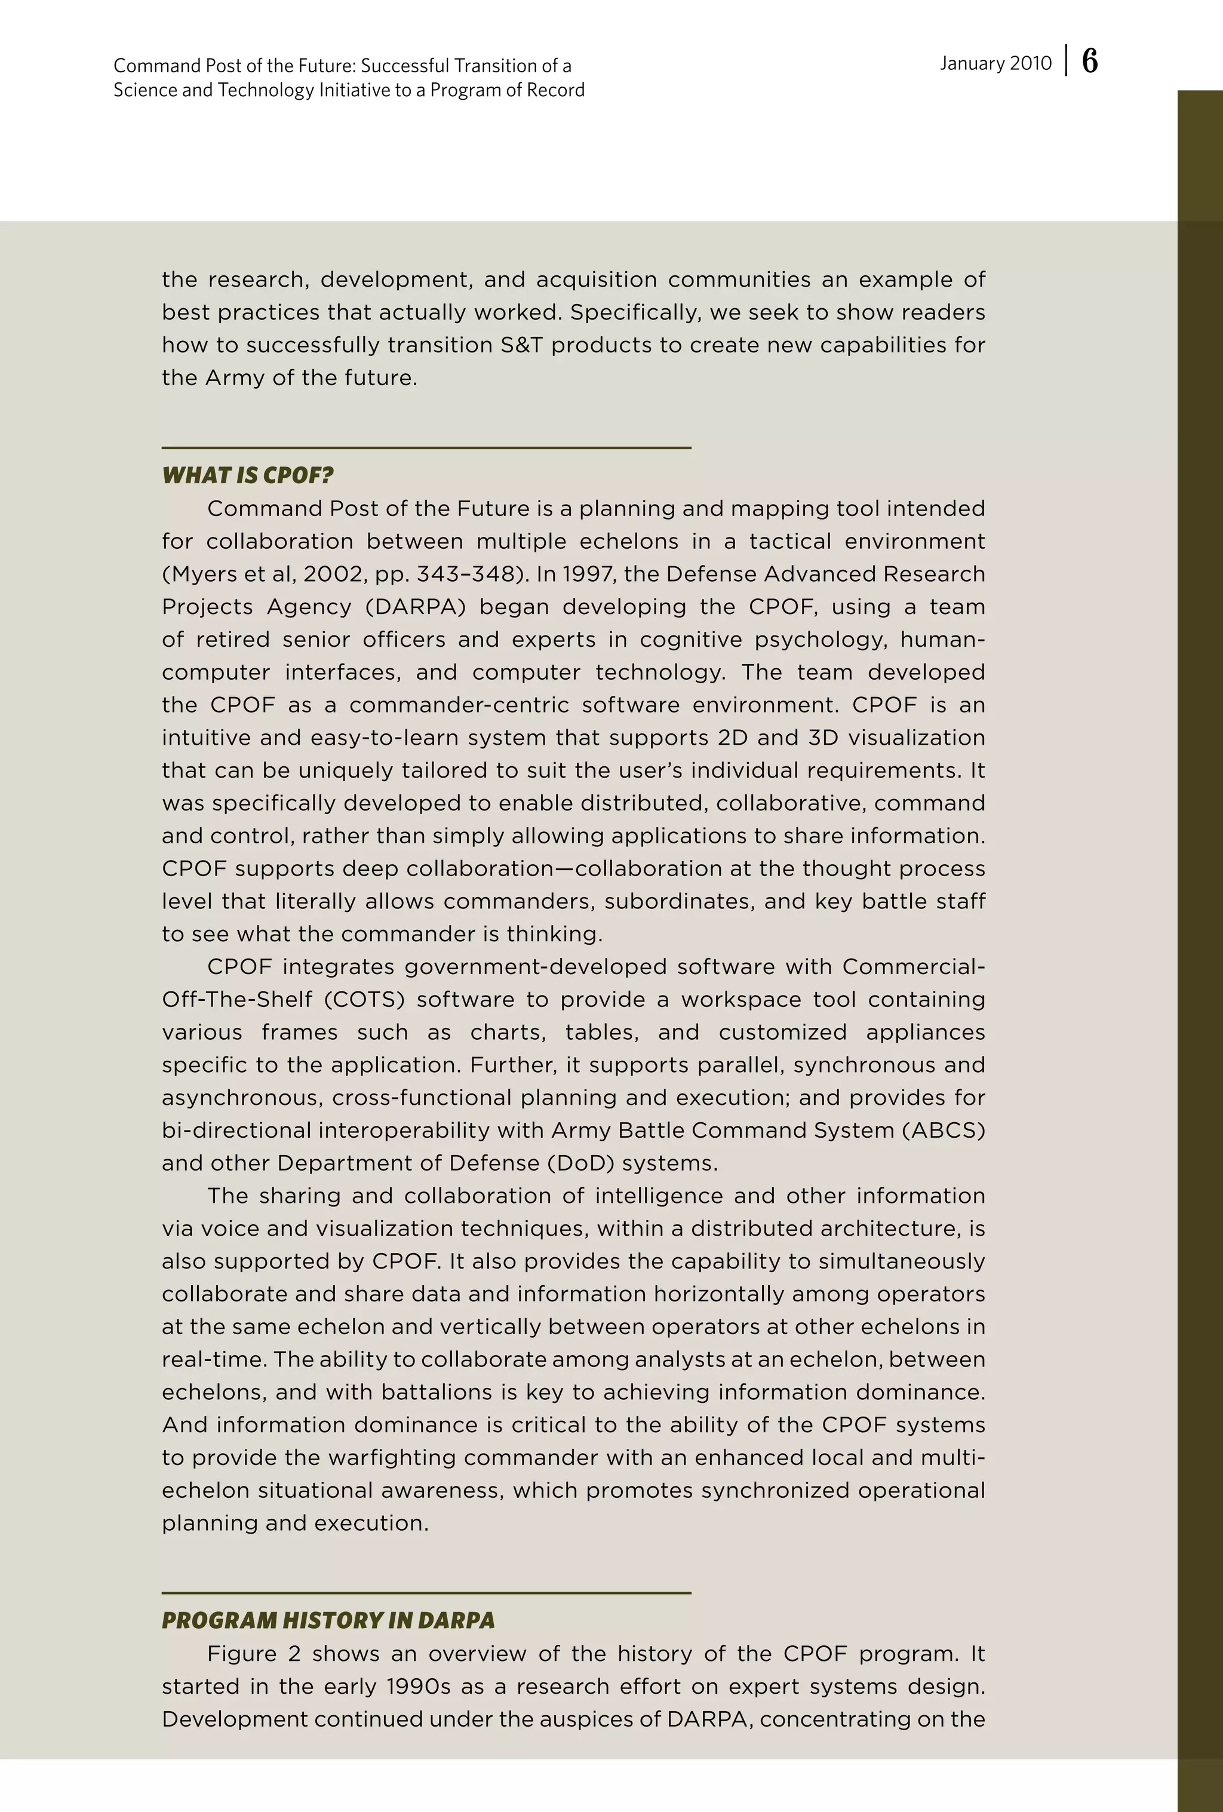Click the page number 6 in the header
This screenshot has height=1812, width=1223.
coord(1090,62)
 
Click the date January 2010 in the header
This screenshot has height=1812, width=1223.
coord(995,63)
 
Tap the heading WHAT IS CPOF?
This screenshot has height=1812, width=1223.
coord(248,475)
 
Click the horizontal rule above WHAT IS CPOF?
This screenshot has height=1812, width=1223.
coord(426,447)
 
